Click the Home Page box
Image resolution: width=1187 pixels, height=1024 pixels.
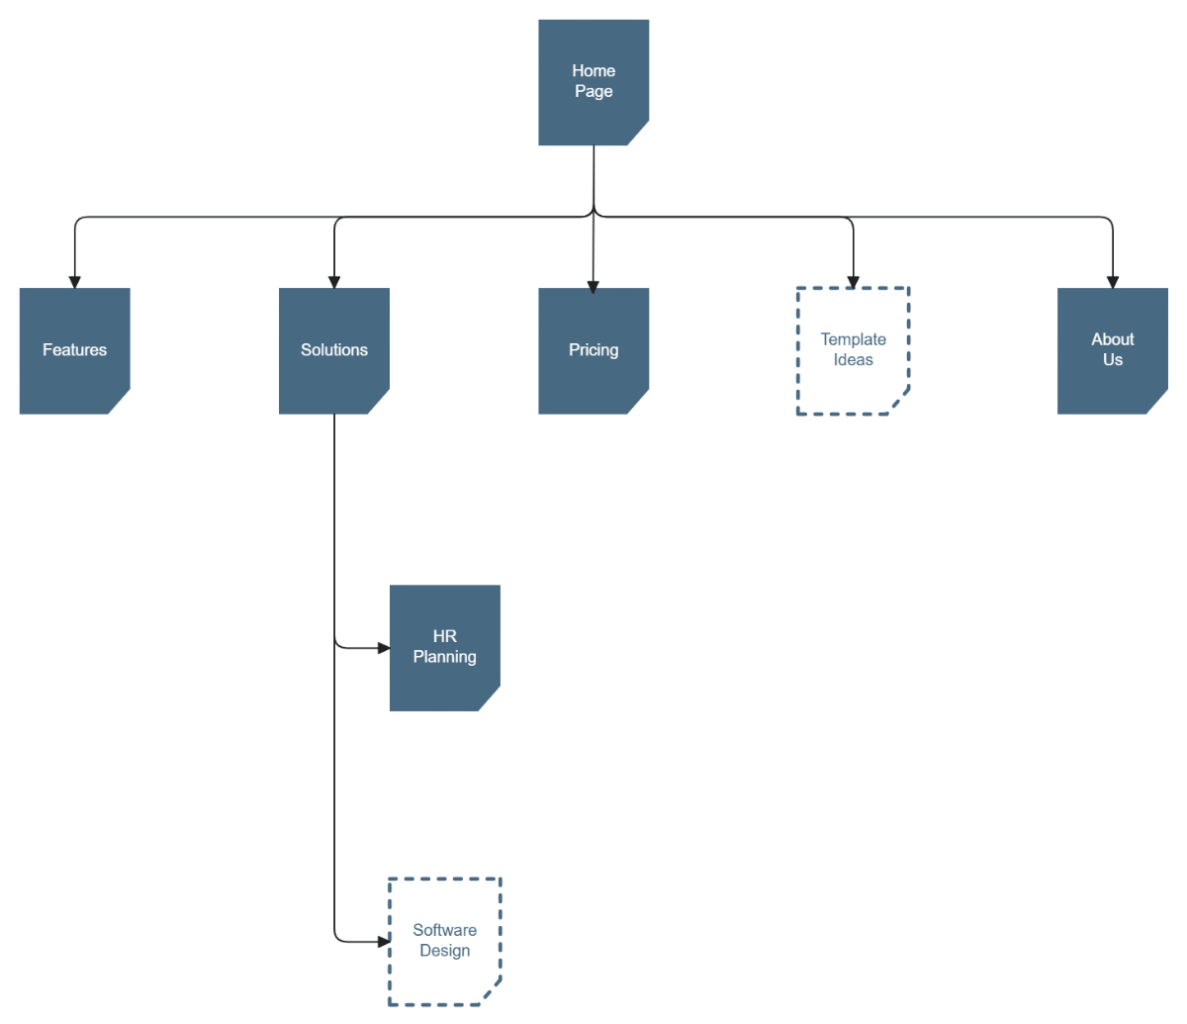[593, 82]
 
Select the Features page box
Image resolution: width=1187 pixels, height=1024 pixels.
[74, 350]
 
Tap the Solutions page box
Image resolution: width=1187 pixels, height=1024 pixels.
[334, 350]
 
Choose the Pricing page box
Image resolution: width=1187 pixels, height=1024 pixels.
[593, 350]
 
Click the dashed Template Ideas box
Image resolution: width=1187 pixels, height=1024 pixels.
[853, 350]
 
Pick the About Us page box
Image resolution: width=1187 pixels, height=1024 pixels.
[1112, 350]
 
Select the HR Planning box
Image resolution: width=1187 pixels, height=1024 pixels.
[444, 647]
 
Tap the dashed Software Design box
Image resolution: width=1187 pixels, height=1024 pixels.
[444, 941]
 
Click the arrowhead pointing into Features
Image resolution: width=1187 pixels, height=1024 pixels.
[74, 282]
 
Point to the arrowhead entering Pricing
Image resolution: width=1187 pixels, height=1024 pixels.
[593, 287]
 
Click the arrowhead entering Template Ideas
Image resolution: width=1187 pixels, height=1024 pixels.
[853, 282]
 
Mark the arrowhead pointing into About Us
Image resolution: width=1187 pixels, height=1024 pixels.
[1112, 282]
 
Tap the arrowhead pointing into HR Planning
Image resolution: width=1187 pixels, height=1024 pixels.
[384, 648]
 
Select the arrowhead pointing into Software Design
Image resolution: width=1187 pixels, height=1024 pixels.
[384, 941]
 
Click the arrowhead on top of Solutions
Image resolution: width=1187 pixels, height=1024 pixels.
[334, 282]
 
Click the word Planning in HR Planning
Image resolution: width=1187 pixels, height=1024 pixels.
[444, 657]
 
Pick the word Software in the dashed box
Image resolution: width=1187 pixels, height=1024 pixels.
[444, 930]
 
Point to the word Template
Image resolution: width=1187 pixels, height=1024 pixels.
[853, 339]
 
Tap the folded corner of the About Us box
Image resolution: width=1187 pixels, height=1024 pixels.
[1159, 405]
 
